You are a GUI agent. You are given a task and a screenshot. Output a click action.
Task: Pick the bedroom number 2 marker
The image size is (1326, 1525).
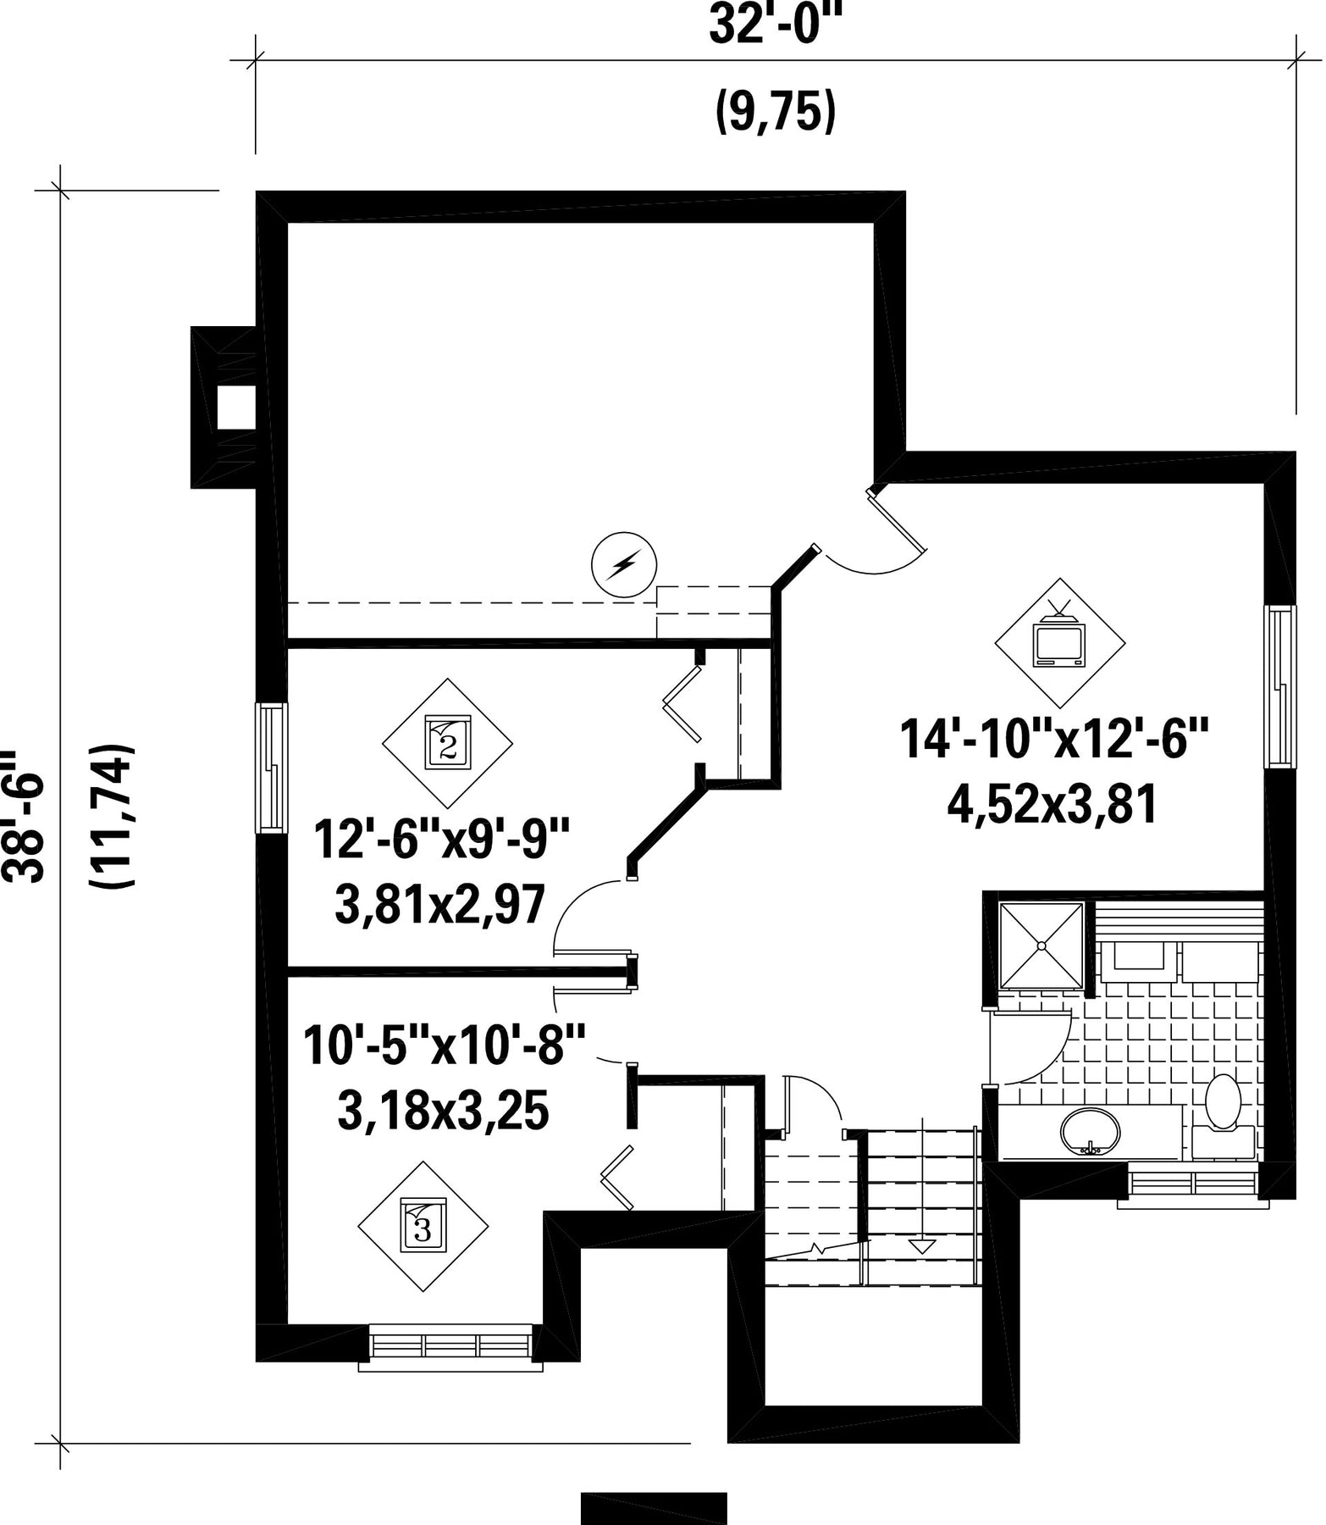coord(448,743)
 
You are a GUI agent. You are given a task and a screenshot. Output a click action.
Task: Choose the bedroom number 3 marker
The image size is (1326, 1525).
coord(423,1225)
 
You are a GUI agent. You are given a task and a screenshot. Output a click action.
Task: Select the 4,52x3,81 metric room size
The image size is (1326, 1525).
coord(1053,805)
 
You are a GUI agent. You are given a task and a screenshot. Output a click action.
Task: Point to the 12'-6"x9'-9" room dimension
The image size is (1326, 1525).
coord(439,840)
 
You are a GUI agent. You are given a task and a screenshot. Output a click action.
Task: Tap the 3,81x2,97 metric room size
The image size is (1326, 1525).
coord(439,904)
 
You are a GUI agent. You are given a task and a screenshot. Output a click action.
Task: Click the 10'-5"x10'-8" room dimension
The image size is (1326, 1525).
coord(445,1045)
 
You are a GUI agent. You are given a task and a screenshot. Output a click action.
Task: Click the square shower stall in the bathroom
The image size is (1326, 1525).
coord(1041,945)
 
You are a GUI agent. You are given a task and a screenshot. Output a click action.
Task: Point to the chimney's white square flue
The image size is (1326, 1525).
coord(236,408)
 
